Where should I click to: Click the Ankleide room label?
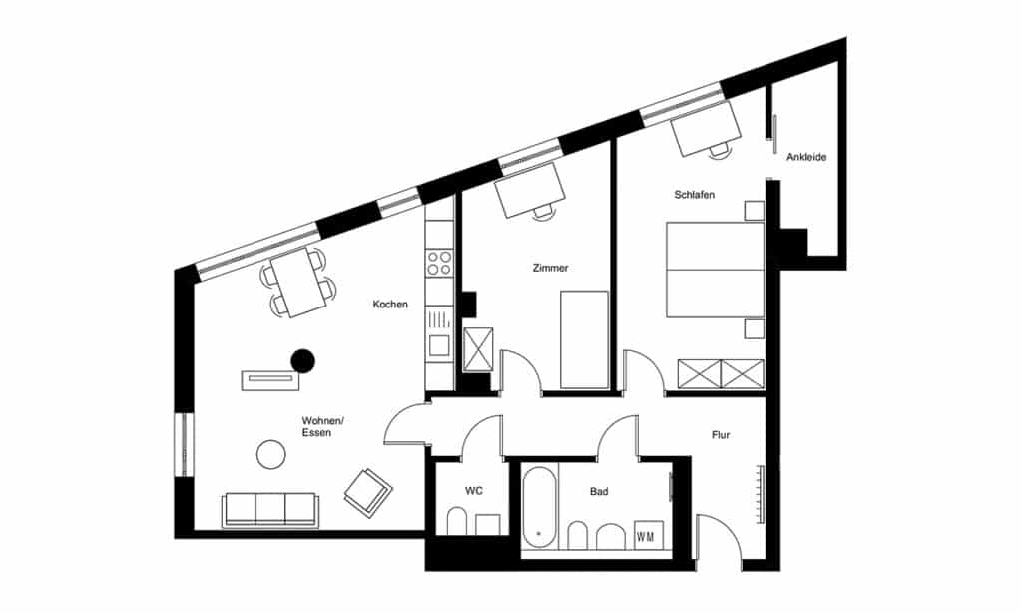point(806,157)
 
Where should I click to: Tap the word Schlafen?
point(695,195)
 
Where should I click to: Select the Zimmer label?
point(550,268)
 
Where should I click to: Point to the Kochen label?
point(390,304)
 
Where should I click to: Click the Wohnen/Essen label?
point(322,427)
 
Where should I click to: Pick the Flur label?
point(721,435)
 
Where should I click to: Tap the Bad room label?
point(599,492)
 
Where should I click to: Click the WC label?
point(474,491)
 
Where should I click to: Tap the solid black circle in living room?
point(303,360)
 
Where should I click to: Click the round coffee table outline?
point(271,454)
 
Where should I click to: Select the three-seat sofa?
point(270,509)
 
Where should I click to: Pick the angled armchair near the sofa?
point(368,492)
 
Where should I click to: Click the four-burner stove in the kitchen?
point(439,263)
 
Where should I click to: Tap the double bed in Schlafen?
point(715,270)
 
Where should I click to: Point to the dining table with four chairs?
point(299,283)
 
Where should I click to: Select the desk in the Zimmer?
point(529,190)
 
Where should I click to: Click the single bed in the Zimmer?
point(584,339)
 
